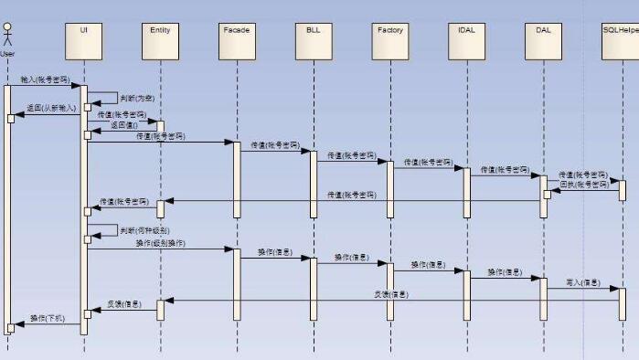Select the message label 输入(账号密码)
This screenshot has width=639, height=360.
coord(45,79)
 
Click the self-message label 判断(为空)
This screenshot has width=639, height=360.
coord(137,97)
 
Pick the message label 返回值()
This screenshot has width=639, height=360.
coord(123,125)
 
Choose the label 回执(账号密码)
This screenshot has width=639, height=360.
coord(582,185)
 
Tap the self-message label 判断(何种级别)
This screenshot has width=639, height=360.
coord(144,230)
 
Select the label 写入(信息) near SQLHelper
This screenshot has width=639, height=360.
coord(582,282)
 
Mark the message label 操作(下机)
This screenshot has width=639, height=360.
coord(47,318)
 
